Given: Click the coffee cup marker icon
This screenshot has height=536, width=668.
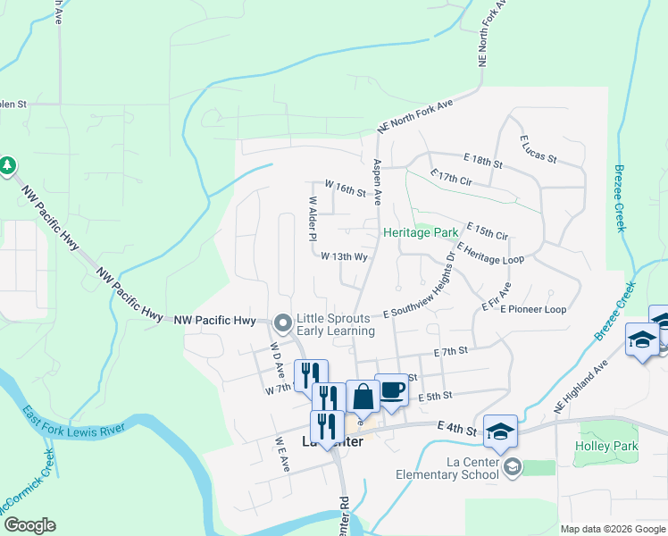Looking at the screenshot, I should (x=390, y=389).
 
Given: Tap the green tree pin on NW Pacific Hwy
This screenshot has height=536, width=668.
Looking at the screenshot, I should (x=8, y=165).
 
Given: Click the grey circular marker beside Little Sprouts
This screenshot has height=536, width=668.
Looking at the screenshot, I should (x=283, y=322).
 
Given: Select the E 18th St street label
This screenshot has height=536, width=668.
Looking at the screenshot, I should (x=483, y=160).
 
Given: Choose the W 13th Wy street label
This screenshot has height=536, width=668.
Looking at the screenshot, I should (x=346, y=256).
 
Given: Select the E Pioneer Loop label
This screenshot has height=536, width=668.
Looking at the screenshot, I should (x=533, y=309).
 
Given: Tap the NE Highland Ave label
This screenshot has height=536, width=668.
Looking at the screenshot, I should (x=580, y=384).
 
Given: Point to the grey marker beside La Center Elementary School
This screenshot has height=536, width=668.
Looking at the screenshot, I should (x=513, y=466).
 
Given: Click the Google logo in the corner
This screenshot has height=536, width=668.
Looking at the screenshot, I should (x=29, y=525).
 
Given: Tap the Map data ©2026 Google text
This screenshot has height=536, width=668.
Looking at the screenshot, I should (x=613, y=529).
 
